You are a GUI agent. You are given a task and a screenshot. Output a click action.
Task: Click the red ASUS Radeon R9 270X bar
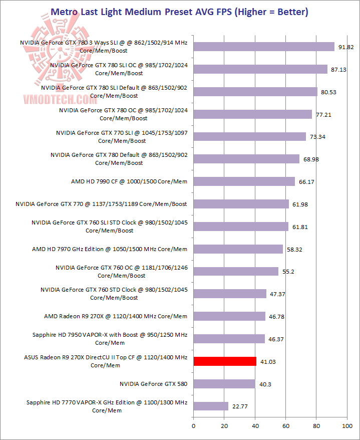(x=225, y=361)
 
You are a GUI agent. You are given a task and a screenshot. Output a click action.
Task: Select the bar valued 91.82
(x=264, y=47)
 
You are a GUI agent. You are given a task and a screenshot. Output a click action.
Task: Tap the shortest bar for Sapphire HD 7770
(x=211, y=406)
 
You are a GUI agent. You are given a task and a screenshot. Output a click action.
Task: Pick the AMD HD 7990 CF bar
(x=244, y=181)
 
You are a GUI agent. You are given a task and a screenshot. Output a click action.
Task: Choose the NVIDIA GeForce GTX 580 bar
(x=224, y=384)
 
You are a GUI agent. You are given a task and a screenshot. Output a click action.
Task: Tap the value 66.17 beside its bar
(x=306, y=181)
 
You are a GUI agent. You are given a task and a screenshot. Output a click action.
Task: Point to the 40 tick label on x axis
(x=255, y=426)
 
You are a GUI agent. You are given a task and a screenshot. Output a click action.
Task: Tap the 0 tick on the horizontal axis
(x=193, y=426)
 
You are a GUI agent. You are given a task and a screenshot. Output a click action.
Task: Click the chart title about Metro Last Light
(x=180, y=11)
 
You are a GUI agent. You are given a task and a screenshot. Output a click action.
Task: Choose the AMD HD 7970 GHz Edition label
(x=110, y=249)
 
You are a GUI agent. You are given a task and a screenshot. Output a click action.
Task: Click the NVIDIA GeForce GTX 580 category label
(x=153, y=384)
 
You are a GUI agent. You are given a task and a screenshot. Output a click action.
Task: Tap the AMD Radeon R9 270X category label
(x=116, y=316)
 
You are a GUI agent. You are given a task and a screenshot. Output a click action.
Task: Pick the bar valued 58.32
(x=238, y=249)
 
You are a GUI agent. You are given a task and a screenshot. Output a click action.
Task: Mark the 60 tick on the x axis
(x=285, y=426)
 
